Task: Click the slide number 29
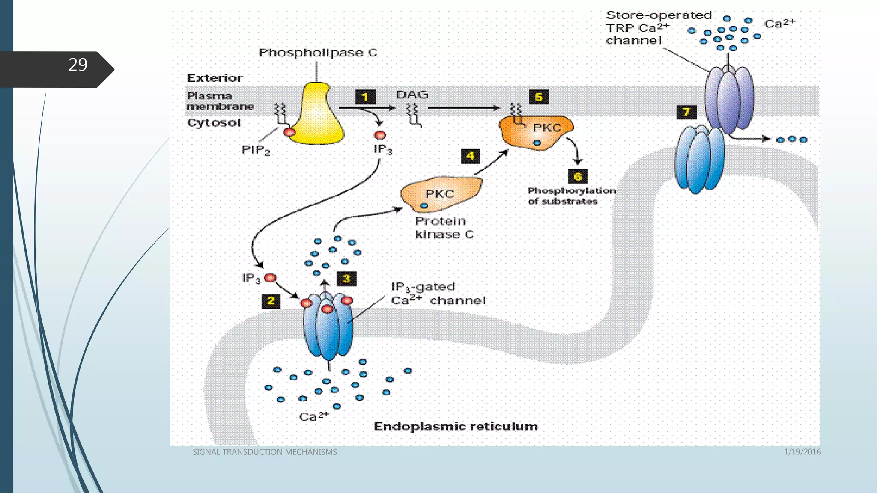click(78, 65)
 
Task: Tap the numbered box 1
click(365, 97)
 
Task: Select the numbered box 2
click(271, 301)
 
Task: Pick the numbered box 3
click(346, 279)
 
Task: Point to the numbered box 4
click(470, 156)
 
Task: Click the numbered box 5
click(539, 97)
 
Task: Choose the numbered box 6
click(577, 176)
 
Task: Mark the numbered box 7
click(686, 112)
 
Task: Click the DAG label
click(412, 95)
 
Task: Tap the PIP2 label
click(256, 150)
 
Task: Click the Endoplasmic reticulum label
click(456, 427)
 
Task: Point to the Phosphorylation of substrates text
click(571, 196)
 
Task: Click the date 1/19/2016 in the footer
click(802, 452)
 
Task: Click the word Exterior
click(215, 78)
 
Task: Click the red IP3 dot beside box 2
click(270, 278)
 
